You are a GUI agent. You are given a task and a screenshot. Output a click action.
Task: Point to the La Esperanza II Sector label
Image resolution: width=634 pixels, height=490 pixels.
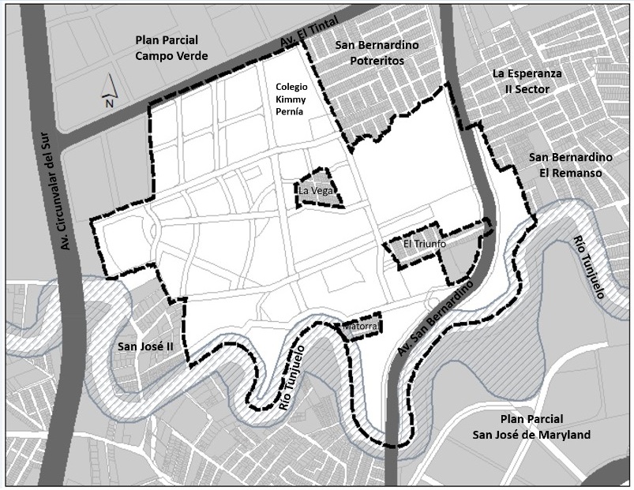coord(527,80)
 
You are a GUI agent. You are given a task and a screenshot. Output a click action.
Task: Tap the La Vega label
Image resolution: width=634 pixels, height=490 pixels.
coord(316,191)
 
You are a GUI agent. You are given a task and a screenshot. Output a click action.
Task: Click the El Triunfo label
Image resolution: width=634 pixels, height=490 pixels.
coord(425,244)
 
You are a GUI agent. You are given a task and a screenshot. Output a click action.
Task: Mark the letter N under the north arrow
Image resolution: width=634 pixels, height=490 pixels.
coord(110,102)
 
